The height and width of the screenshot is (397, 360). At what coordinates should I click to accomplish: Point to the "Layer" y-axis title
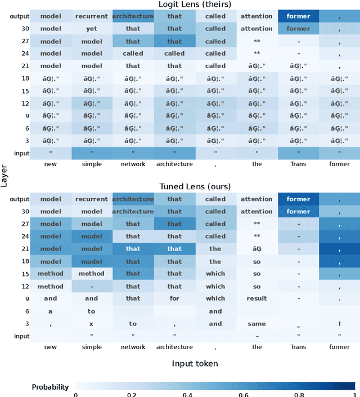(4, 176)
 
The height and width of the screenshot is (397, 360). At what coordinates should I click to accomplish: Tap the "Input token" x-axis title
(195, 364)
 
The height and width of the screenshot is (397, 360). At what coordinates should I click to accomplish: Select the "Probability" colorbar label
(50, 387)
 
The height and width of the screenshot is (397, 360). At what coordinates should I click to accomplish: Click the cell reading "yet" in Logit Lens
(92, 29)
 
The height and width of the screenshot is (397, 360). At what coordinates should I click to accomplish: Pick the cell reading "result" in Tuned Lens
(256, 298)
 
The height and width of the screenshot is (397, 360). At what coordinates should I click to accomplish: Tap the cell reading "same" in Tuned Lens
(256, 324)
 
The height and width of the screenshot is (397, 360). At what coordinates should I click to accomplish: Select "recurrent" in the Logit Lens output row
(92, 16)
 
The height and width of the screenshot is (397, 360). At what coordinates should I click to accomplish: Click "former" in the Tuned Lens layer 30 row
(298, 212)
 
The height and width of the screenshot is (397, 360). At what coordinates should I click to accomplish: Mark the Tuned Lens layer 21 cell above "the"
(256, 249)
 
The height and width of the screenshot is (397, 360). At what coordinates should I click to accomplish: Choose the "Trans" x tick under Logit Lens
(298, 164)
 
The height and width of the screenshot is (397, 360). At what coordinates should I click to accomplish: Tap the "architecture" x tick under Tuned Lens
(174, 347)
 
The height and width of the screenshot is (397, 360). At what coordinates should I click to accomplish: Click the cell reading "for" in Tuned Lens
(174, 298)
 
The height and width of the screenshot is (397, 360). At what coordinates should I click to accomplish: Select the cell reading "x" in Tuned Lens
(92, 324)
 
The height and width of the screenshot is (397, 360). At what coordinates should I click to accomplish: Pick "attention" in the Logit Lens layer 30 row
(256, 29)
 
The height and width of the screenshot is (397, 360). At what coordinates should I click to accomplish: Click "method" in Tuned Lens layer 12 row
(51, 286)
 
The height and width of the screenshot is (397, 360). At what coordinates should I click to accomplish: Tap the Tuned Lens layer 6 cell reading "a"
(51, 311)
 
